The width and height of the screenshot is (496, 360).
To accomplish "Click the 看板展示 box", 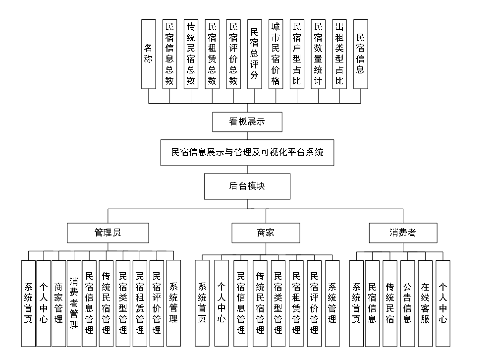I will [247, 122].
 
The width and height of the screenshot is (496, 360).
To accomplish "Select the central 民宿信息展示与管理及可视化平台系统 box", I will [247, 152].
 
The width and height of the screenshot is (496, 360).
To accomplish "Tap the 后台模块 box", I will [247, 186].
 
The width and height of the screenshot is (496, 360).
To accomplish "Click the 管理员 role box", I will [108, 233].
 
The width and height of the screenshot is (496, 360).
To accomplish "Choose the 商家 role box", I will [266, 233].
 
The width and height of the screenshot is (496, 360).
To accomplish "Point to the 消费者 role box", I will [403, 233].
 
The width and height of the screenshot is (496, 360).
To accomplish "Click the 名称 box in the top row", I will [148, 54].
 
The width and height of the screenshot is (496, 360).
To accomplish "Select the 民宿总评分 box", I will [254, 54].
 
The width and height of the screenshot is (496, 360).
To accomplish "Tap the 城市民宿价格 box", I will [276, 54].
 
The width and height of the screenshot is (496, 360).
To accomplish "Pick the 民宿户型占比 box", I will [297, 54].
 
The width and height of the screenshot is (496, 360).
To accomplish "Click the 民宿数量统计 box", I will [318, 54].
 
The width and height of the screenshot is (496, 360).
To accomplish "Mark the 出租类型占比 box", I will [339, 54].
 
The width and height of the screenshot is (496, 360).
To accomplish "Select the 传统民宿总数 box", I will [191, 54].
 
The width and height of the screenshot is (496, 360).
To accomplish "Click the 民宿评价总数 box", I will [233, 54].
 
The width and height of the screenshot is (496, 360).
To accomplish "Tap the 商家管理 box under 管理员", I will [58, 303].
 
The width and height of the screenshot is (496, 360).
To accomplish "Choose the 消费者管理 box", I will [74, 303].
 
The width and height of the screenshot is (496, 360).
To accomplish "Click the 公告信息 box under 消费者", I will [407, 303].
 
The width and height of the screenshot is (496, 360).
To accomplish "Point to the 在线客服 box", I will [425, 303].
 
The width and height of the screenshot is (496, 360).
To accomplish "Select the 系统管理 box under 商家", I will [332, 303].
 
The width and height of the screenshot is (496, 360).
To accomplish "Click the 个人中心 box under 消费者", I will [443, 303].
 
